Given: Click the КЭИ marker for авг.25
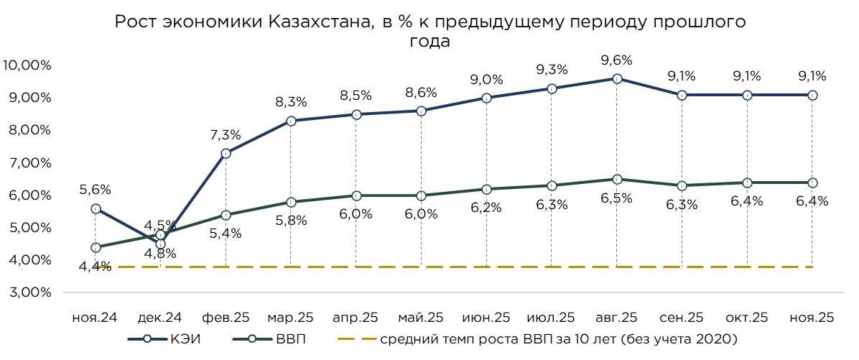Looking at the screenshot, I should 616,78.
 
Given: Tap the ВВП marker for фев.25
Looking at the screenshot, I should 226,215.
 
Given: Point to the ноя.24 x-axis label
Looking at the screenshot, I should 95,317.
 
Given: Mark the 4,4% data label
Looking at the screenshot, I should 95,267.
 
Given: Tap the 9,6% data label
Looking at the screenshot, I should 616,60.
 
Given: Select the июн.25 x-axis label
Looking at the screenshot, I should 486,317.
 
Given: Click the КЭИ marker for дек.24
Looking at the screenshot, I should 160,244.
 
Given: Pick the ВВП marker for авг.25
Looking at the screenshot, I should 616,179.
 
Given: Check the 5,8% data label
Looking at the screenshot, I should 290,221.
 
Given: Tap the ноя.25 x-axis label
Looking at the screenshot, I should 812,317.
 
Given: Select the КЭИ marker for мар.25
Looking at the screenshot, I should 290,121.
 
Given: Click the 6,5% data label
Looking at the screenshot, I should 616,198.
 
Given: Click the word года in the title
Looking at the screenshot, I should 429,42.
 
